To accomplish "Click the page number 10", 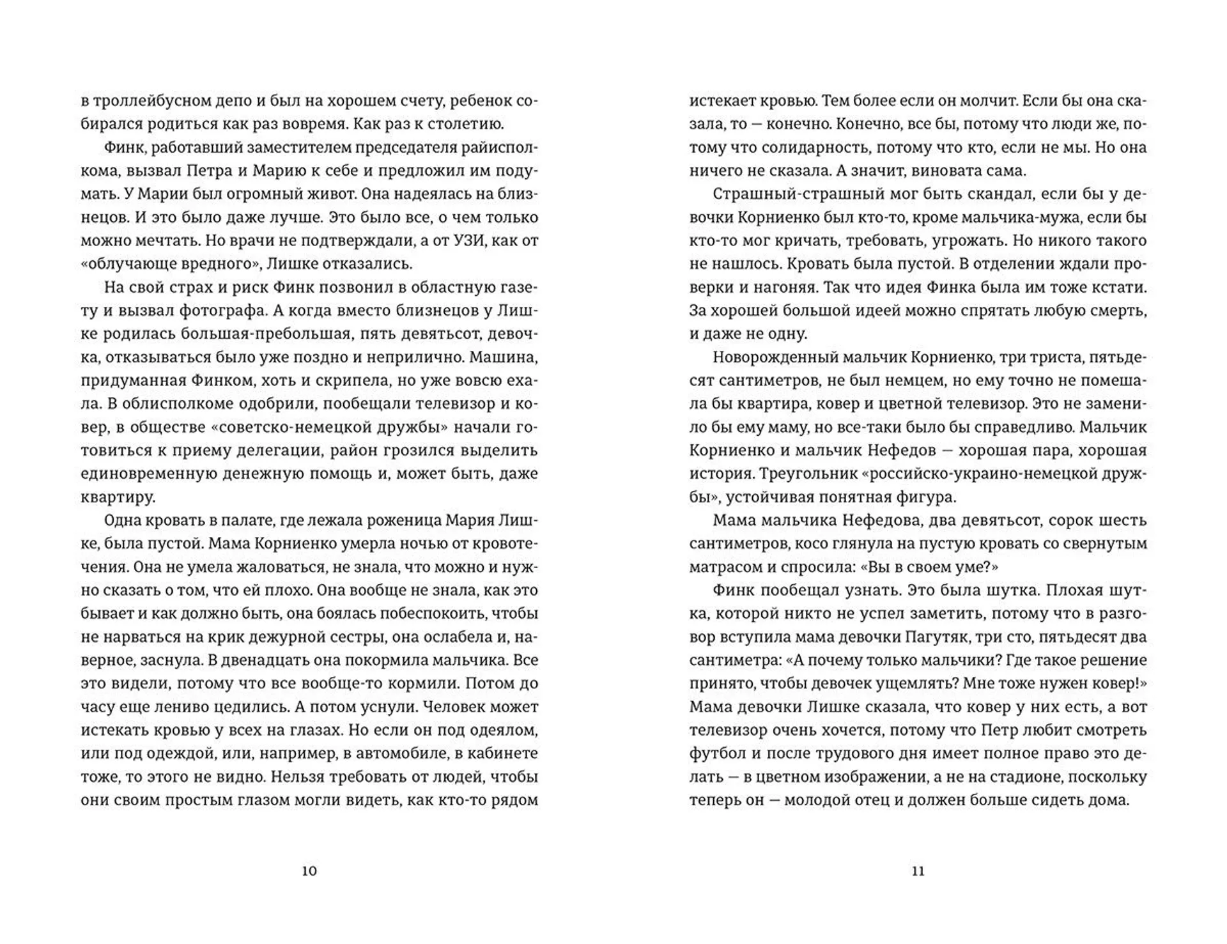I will tap(309, 870).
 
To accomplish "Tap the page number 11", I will tap(918, 870).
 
